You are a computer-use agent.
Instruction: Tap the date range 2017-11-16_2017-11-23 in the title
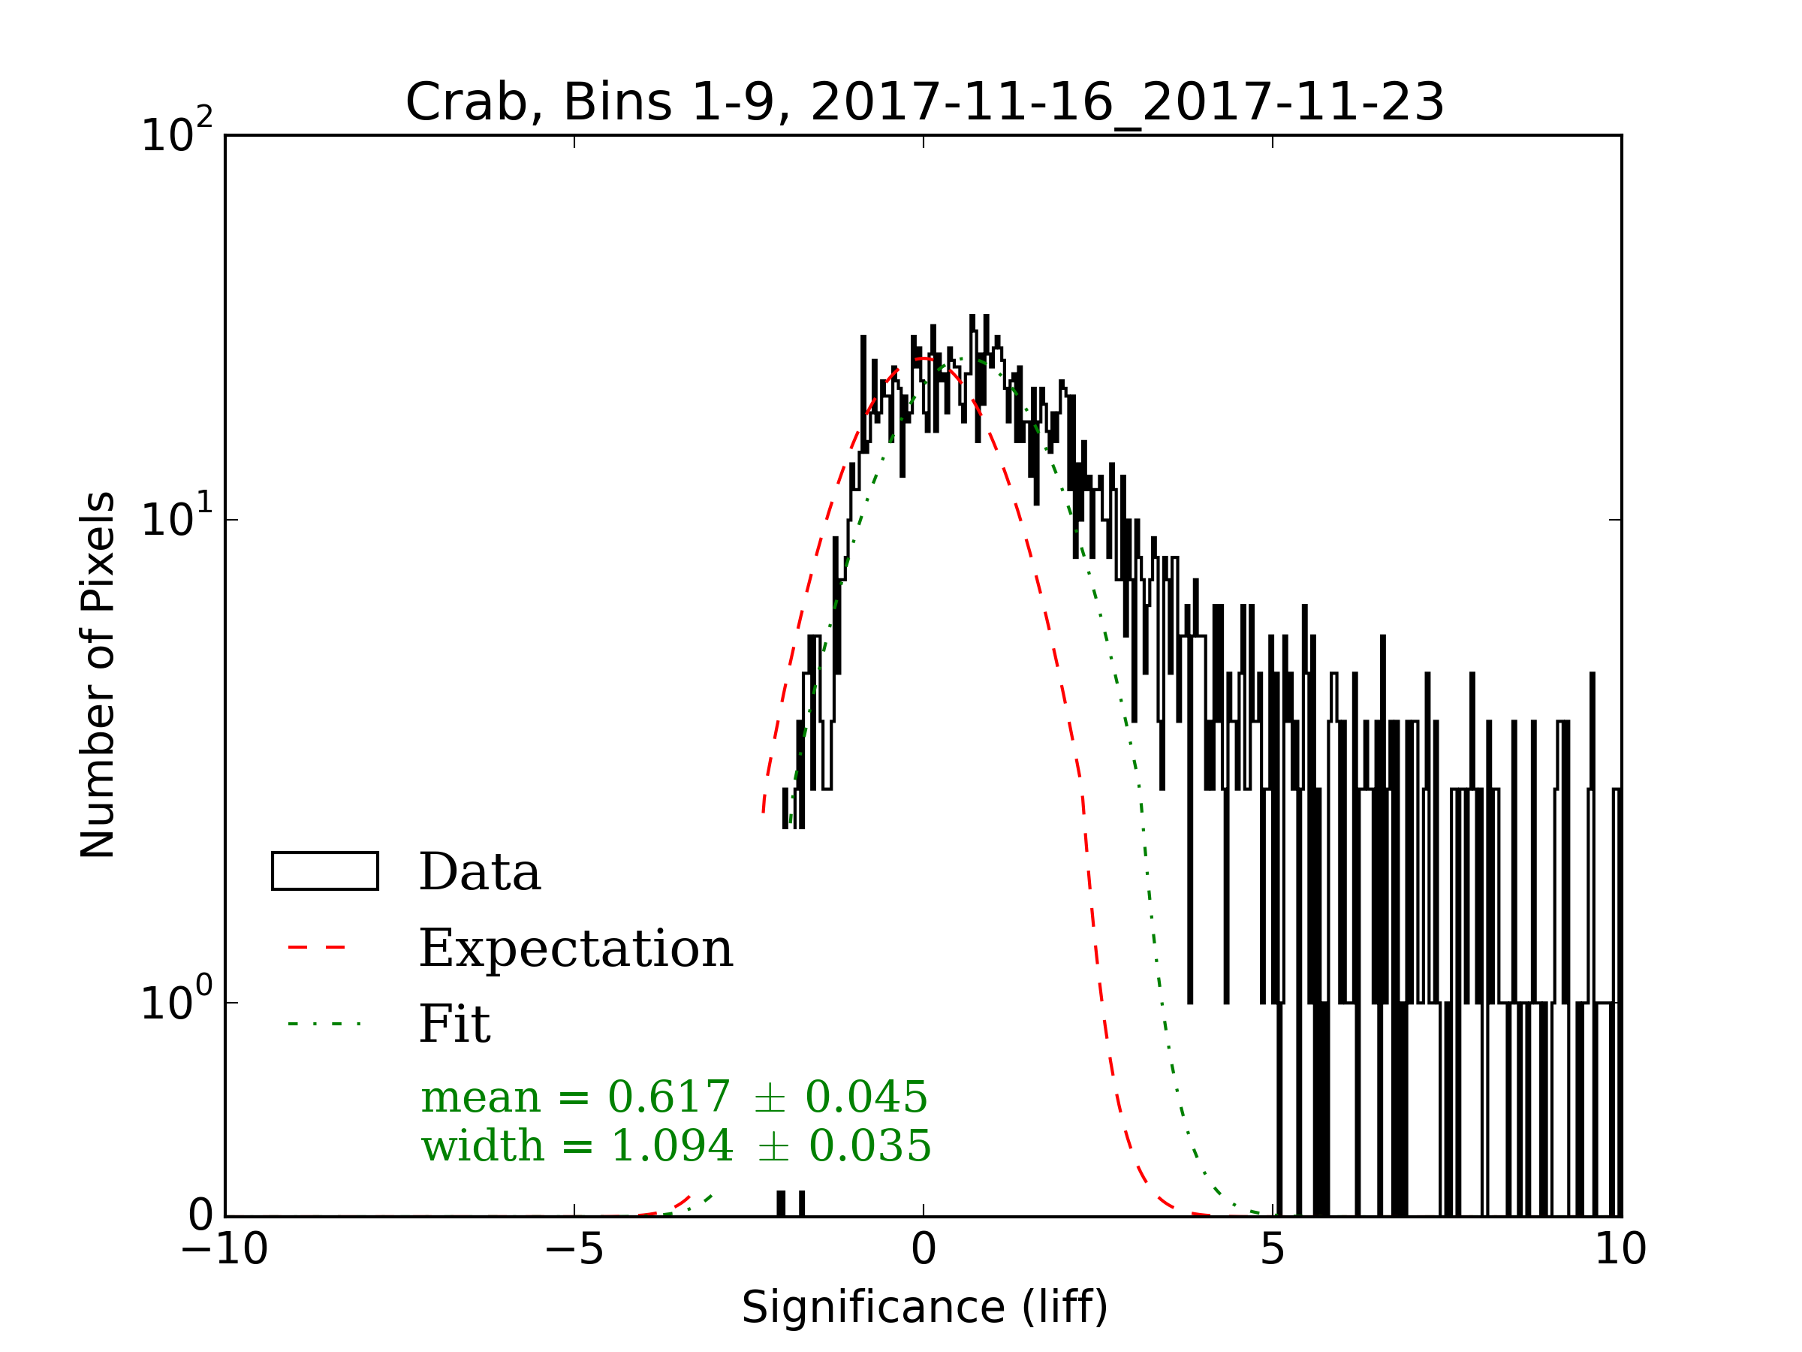1128,103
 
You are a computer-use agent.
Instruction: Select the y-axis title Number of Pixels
98,674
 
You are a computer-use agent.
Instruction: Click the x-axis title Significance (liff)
924,1308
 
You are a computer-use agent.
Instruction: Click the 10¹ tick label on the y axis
176,518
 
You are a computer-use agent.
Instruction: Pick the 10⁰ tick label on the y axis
176,1000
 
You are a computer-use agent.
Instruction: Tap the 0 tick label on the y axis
200,1216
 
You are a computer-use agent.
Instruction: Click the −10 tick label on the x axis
224,1249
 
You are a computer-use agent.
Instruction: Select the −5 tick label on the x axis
574,1249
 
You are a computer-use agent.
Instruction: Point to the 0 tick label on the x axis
924,1249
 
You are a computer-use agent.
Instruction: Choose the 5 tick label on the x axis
1273,1249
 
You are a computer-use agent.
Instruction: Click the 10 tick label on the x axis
1620,1249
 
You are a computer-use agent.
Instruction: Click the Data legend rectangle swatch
324,871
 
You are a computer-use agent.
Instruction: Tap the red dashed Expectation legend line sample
317,948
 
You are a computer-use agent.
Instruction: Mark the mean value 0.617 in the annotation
669,1097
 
